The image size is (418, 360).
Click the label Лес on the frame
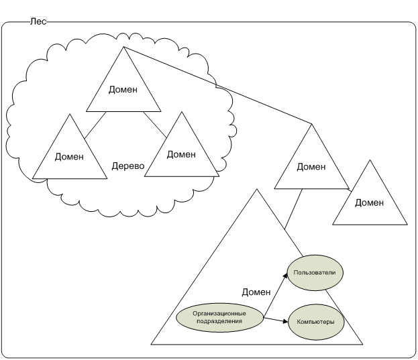coord(38,22)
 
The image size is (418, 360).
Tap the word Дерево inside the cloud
coord(128,165)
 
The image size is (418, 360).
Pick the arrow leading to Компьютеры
coord(275,320)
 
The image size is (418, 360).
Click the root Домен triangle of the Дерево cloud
coord(123,90)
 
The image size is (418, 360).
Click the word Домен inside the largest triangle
coord(256,292)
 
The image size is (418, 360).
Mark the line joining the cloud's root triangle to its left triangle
coord(95,125)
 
